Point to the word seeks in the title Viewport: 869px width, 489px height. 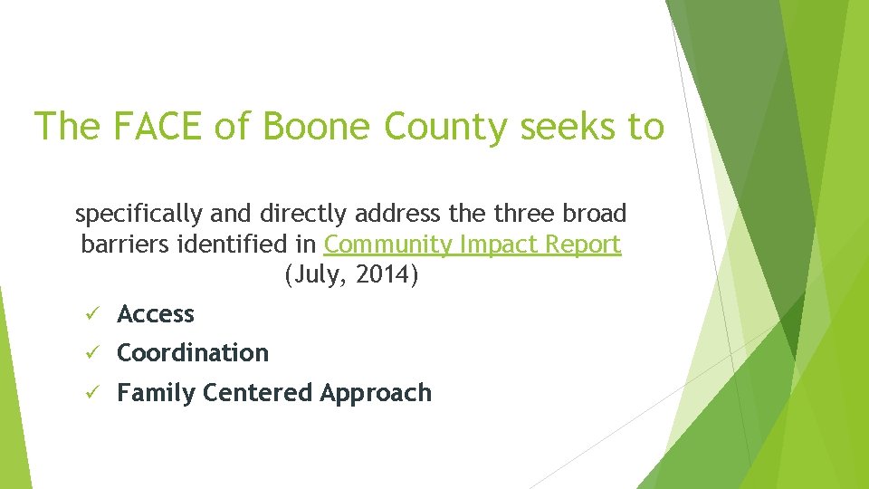click(x=568, y=127)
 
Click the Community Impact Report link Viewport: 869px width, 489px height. click(x=473, y=244)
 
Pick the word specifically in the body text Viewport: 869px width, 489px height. click(x=139, y=215)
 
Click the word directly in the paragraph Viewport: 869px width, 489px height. click(x=299, y=215)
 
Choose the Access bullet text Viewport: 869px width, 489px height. click(x=156, y=314)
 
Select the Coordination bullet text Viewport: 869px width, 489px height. click(x=193, y=353)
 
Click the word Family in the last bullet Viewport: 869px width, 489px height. click(x=157, y=393)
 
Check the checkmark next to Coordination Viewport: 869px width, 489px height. click(x=89, y=353)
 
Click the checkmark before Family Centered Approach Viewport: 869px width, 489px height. click(x=89, y=393)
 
